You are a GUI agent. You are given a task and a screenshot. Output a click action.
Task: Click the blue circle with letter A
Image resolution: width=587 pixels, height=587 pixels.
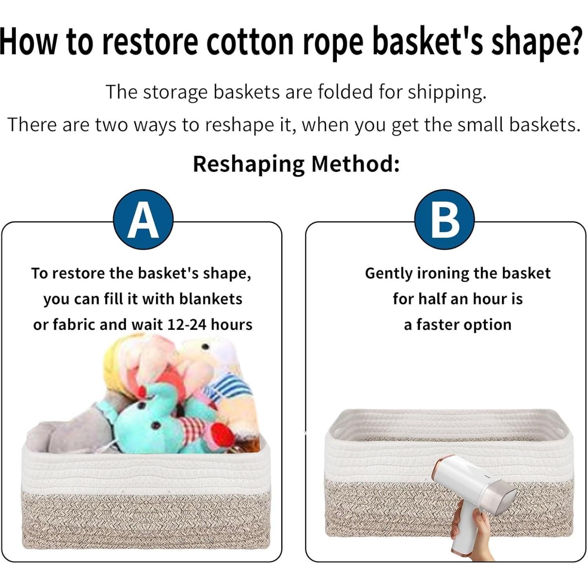[x=143, y=219]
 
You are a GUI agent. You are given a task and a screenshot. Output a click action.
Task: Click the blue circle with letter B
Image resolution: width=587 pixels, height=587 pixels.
[x=444, y=219]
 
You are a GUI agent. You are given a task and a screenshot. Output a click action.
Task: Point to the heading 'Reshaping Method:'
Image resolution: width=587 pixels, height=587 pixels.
[x=296, y=164]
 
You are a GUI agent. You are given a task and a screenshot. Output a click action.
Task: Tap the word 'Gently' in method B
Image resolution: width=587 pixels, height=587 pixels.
[x=389, y=273]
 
